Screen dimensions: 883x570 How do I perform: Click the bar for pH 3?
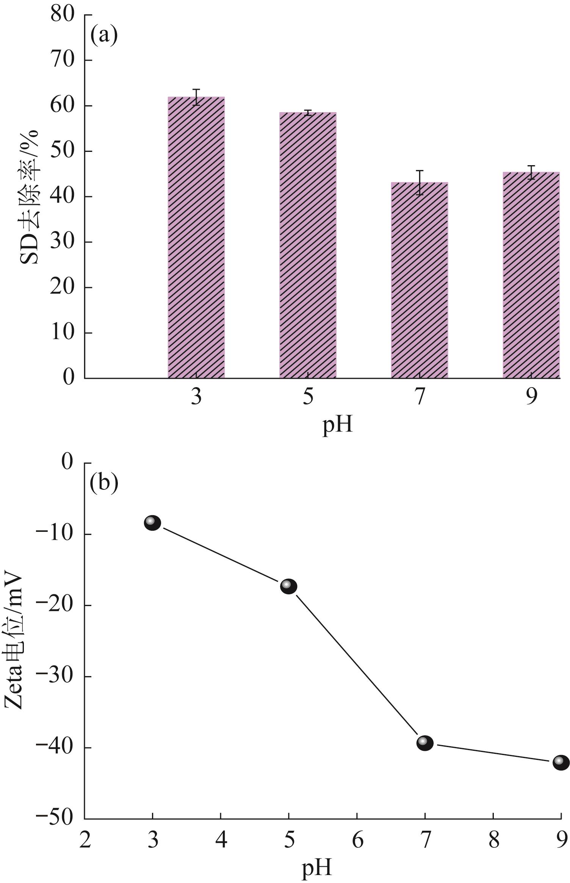196,242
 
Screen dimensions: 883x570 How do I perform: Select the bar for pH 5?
308,250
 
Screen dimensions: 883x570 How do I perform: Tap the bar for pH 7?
420,284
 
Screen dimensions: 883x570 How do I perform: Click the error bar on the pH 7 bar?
420,183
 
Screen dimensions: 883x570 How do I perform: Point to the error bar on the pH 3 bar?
196,97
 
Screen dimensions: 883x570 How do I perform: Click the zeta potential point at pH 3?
152,523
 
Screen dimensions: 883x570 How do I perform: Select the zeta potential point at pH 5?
288,586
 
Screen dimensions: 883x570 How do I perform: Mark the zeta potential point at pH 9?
561,763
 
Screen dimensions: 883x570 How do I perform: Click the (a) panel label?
104,36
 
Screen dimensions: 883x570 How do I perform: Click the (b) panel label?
104,483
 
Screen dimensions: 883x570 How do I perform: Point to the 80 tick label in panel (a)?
63,15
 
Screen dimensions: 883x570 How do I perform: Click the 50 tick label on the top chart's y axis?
63,151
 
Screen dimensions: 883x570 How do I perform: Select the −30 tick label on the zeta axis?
54,677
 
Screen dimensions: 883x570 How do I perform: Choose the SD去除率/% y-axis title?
30,197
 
